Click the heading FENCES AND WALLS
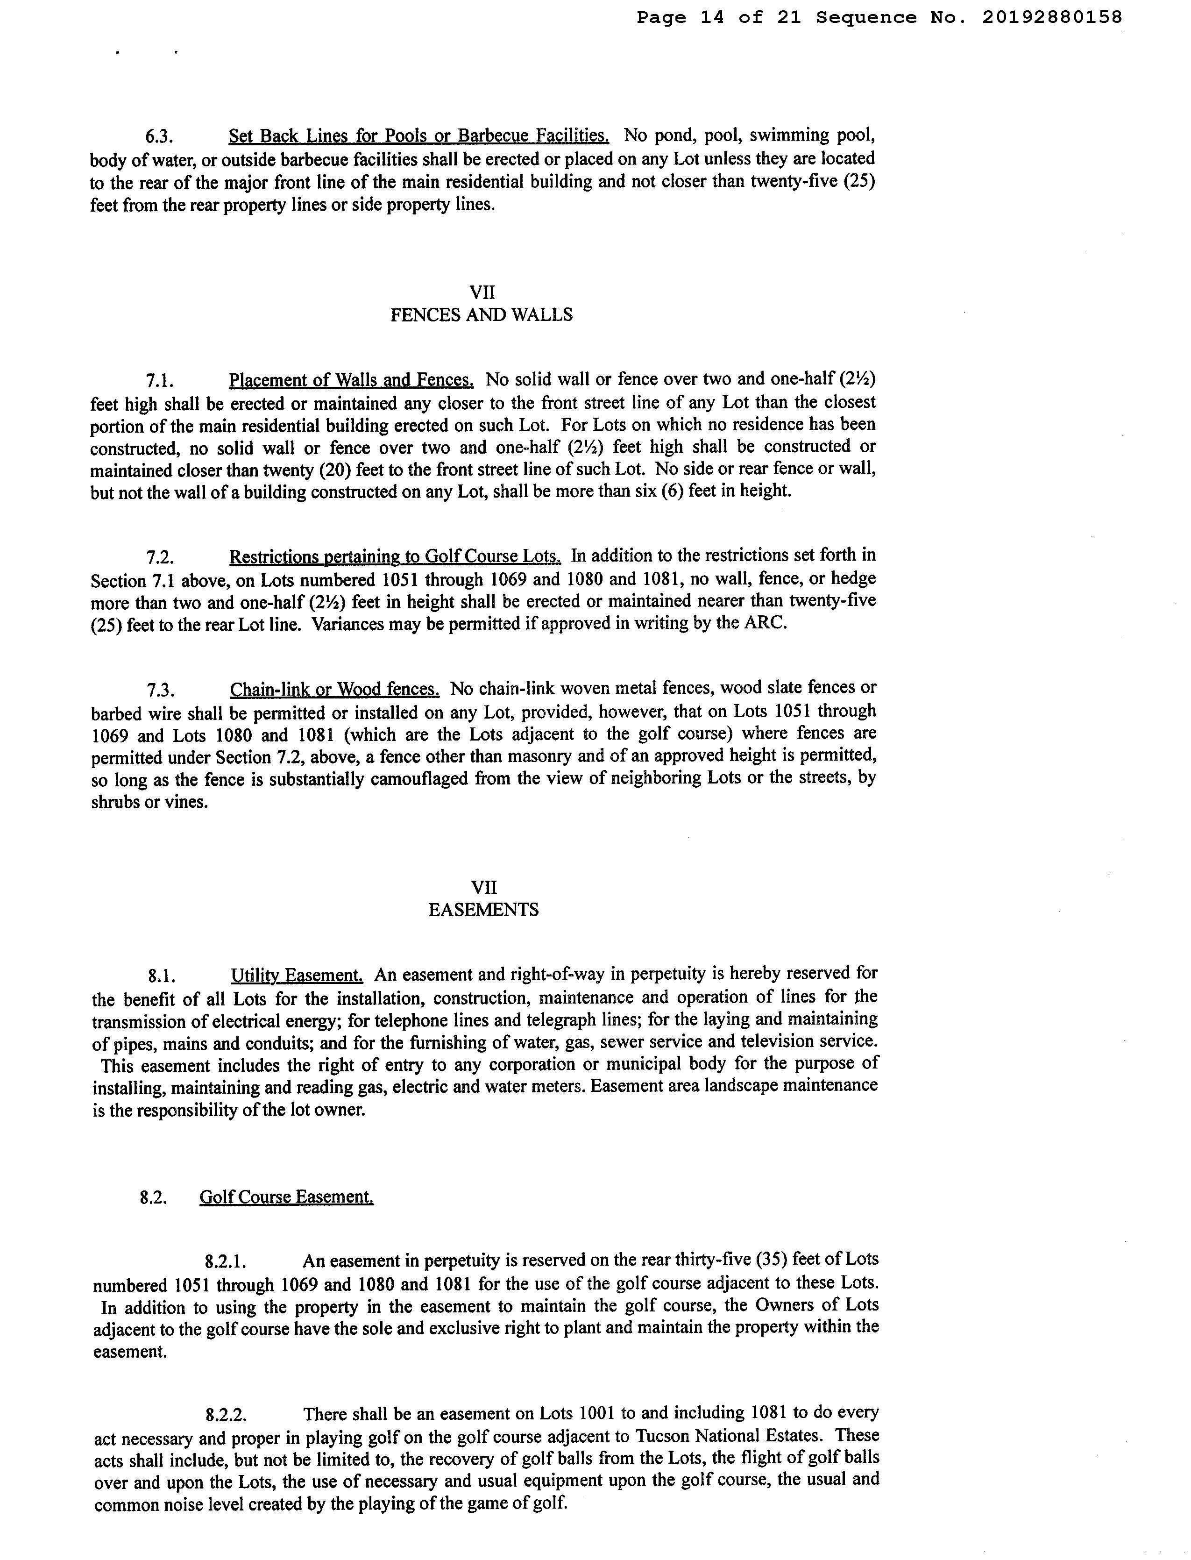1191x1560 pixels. click(482, 315)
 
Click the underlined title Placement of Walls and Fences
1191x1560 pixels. click(351, 381)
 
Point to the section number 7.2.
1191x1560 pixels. click(160, 556)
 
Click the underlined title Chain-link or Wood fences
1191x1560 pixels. click(334, 689)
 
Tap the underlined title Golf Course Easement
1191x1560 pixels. click(286, 1197)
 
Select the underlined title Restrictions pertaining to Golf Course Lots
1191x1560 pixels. click(395, 556)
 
